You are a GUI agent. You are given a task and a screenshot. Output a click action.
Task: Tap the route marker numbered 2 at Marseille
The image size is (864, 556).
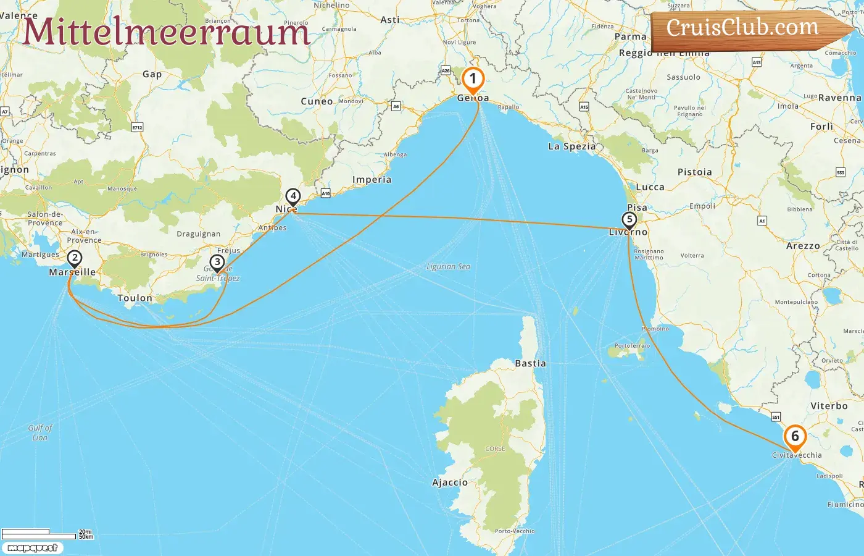[74, 258]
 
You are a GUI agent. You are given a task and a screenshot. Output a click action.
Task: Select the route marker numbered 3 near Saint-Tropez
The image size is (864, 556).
[217, 263]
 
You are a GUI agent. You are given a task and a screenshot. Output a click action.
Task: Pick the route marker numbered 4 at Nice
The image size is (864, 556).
[293, 196]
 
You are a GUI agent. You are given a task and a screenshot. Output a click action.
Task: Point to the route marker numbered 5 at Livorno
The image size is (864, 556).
[629, 219]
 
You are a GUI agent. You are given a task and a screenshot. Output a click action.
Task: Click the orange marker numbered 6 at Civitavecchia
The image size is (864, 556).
[795, 437]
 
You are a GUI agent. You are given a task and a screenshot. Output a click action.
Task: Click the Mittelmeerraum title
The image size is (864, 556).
[165, 32]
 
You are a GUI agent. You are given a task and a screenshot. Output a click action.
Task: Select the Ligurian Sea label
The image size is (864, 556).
[448, 267]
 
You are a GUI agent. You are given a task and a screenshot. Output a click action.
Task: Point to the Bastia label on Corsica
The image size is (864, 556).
[530, 364]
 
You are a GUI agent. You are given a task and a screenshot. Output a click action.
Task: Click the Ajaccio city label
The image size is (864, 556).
[450, 482]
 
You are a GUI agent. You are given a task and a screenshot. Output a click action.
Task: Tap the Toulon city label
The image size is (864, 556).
[135, 298]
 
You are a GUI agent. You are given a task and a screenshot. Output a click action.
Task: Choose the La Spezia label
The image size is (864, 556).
[571, 146]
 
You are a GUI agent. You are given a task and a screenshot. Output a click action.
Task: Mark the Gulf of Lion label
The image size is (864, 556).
[40, 432]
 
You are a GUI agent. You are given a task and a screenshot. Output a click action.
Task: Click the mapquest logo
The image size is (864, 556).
[32, 548]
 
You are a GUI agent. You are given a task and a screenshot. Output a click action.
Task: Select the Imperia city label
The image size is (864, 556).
[372, 180]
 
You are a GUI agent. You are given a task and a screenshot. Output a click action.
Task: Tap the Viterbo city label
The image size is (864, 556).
[829, 406]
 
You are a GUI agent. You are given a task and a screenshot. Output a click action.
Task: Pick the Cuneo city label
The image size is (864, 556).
[317, 101]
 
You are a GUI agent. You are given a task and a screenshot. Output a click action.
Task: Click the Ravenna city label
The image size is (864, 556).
[839, 98]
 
